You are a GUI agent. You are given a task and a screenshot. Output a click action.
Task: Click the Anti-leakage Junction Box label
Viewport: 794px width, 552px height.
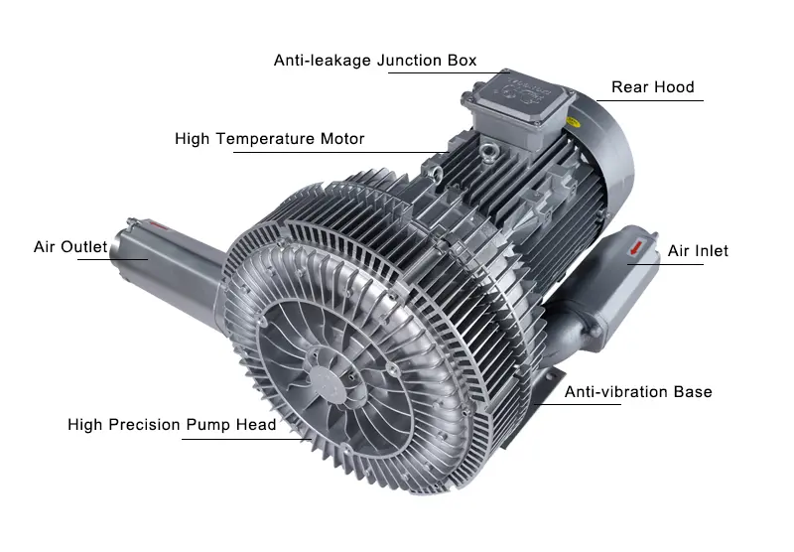[375, 61]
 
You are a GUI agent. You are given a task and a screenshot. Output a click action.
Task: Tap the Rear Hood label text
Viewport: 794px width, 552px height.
[652, 87]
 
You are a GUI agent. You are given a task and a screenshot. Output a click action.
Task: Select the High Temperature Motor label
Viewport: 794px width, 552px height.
[269, 139]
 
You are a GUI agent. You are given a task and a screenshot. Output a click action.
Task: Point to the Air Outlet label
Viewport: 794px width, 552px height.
[69, 247]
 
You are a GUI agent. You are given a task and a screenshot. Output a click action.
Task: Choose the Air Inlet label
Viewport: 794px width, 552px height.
[698, 251]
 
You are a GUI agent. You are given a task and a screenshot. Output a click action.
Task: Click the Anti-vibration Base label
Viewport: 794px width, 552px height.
[638, 392]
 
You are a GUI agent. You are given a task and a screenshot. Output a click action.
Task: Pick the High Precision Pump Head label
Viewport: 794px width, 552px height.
[172, 425]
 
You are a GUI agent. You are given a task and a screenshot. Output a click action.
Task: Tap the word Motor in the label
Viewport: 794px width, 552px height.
[340, 139]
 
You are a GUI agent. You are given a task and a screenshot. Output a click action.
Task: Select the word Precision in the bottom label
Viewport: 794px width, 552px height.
[147, 425]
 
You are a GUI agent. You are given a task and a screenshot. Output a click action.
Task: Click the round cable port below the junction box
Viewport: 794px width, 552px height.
[487, 154]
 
